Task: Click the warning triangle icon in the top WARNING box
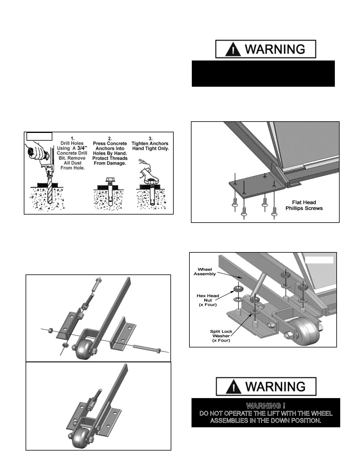[233, 49]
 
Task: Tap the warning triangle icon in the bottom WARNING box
[234, 387]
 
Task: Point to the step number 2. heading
[110, 138]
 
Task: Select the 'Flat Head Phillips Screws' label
[304, 205]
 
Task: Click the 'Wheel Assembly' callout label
[205, 271]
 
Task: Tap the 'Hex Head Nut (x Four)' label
[208, 300]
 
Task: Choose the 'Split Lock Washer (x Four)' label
[221, 336]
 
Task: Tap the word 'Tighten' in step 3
[141, 143]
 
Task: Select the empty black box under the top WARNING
[263, 74]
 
